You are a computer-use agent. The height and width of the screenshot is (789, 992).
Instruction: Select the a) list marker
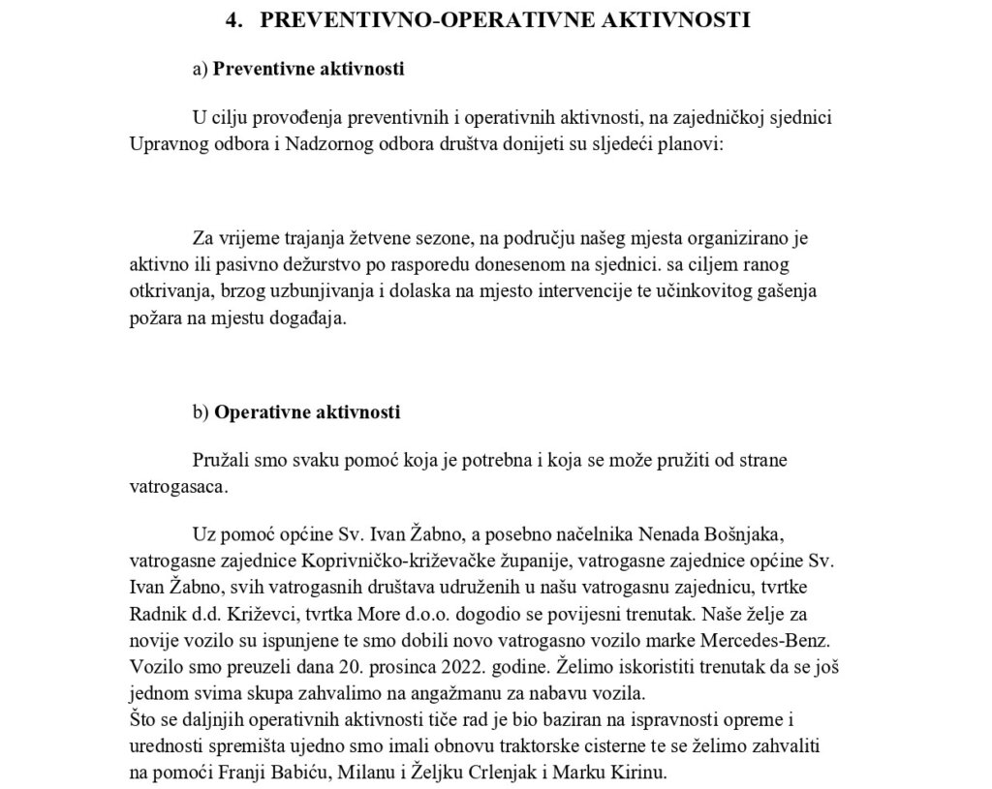tap(201, 70)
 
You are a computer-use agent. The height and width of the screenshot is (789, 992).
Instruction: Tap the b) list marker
tap(201, 412)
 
